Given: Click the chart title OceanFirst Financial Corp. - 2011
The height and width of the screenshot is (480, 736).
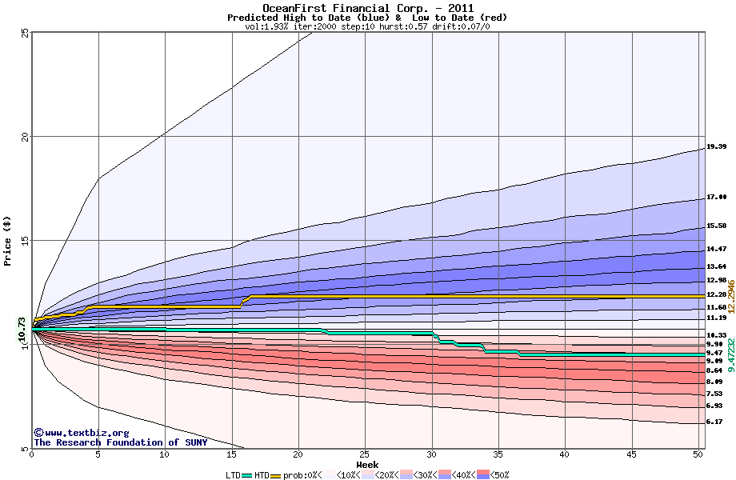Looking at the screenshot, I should click(367, 8).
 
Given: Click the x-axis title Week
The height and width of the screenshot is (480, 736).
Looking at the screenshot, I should click(367, 464).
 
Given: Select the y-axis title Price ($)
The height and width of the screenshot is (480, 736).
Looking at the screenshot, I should click(8, 240).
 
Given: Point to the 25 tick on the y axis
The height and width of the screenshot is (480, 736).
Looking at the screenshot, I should click(25, 32).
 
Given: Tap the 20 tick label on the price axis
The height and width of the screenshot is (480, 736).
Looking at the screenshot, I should click(25, 137).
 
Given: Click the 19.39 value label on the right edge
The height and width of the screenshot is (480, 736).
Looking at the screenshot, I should click(715, 147).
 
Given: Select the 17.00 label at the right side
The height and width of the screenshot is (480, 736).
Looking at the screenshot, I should click(715, 197).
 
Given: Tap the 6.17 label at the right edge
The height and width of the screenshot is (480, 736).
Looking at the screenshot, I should click(714, 422).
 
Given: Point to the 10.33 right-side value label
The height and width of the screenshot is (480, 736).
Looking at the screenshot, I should click(715, 334).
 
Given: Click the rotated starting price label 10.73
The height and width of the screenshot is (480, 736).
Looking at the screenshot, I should click(22, 332).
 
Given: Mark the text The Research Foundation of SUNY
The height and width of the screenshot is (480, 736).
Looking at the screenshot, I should click(120, 442).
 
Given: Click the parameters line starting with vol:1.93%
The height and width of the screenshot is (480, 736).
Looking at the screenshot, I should click(367, 26).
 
